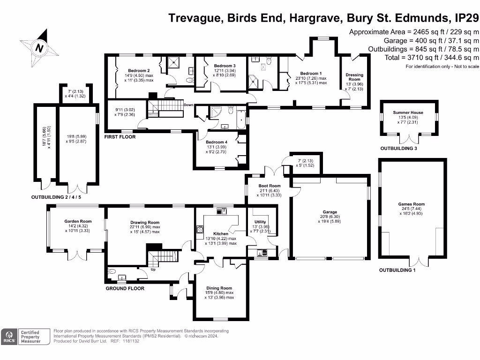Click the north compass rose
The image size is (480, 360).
(x=40, y=47)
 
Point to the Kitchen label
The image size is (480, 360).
(x=221, y=233)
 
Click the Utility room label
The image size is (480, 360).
(x=260, y=222)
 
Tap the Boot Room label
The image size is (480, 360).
(x=270, y=186)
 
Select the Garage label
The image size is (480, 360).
(x=329, y=212)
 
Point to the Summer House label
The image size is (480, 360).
(x=408, y=112)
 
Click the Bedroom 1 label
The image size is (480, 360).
(x=311, y=73)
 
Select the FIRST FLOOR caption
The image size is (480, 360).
(x=120, y=137)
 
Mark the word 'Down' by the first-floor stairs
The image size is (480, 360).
(x=189, y=105)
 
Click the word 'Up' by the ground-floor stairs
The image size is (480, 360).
(x=153, y=270)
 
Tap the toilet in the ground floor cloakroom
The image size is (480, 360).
(x=112, y=271)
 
